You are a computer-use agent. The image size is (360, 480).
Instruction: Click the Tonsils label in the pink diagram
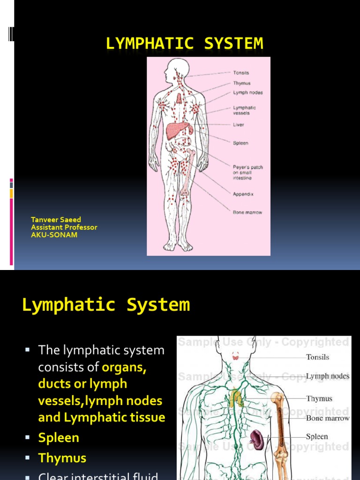tap(241, 73)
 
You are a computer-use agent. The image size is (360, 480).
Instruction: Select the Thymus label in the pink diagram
tap(242, 83)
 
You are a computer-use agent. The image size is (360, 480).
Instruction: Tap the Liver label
tap(239, 125)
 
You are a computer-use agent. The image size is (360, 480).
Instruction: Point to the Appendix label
tap(243, 194)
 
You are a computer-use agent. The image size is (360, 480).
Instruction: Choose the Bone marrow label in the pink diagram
tap(247, 212)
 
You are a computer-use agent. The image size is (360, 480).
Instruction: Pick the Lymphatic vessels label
tap(245, 110)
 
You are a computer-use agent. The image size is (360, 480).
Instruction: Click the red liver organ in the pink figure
tap(178, 130)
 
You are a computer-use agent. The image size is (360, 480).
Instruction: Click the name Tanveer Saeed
tap(56, 219)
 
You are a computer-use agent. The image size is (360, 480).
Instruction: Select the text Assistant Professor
tap(64, 227)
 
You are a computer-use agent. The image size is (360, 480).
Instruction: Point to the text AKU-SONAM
tap(54, 235)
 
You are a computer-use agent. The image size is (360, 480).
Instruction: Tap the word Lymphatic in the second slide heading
tap(68, 305)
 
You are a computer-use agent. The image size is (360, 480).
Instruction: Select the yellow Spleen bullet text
tap(59, 438)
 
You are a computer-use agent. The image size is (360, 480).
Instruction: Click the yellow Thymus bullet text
tap(62, 458)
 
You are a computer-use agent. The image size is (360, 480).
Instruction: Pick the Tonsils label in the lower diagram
tap(317, 357)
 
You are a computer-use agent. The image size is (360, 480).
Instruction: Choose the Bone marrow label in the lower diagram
tap(328, 418)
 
